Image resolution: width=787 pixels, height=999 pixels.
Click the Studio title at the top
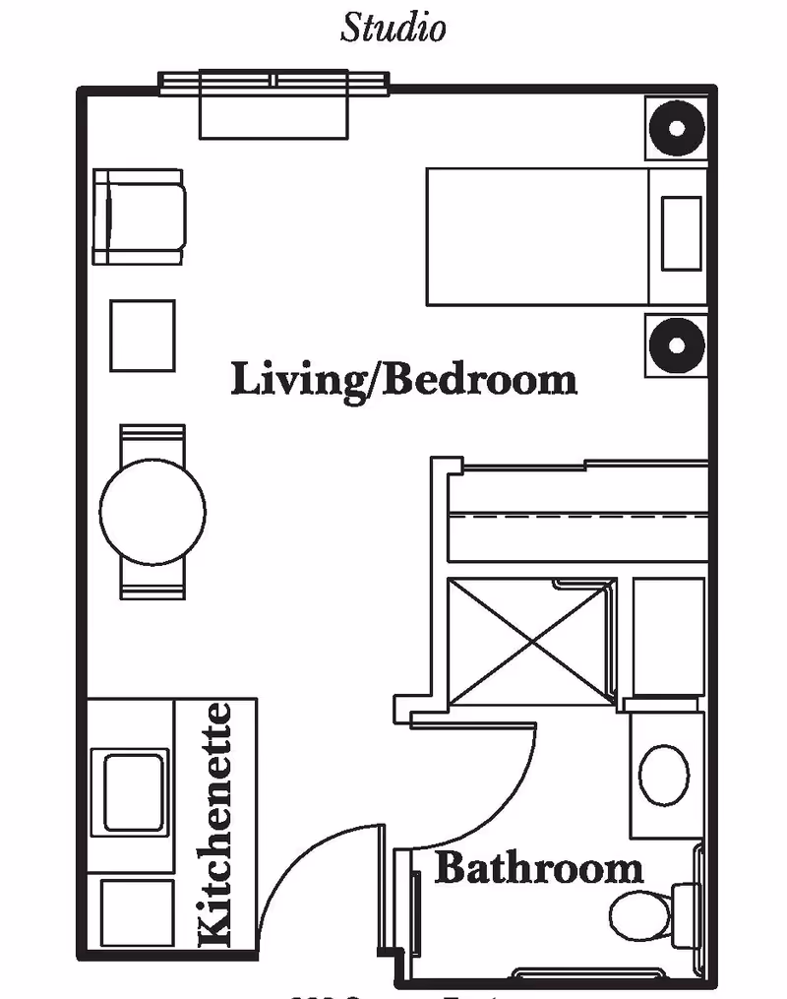click(393, 27)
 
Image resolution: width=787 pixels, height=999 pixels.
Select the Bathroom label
click(538, 869)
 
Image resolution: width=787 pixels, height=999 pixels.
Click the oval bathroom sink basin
click(664, 774)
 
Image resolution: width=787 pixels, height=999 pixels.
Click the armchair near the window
click(139, 217)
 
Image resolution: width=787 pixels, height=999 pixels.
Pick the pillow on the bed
click(681, 234)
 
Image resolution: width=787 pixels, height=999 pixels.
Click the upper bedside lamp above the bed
click(677, 128)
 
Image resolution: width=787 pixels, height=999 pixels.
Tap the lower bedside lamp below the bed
click(677, 345)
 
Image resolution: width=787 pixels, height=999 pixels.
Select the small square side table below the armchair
click(142, 336)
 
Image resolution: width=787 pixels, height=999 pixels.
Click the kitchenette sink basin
click(130, 791)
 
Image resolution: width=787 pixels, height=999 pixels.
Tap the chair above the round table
click(152, 438)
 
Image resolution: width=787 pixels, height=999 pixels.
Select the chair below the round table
click(152, 586)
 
